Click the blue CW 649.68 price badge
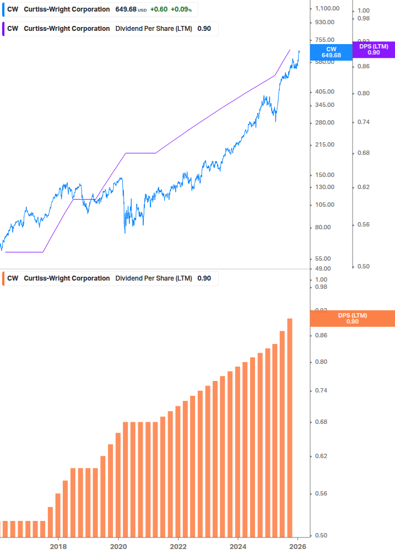pyautogui.click(x=331, y=52)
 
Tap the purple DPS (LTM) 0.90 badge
pyautogui.click(x=374, y=50)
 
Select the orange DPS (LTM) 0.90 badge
pyautogui.click(x=353, y=319)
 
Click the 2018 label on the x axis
pyautogui.click(x=58, y=546)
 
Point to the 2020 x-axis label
pyautogui.click(x=118, y=546)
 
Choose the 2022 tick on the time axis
pyautogui.click(x=178, y=546)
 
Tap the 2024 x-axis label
pyautogui.click(x=238, y=546)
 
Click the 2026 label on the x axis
pyautogui.click(x=297, y=546)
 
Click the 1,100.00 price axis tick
pyautogui.click(x=327, y=9)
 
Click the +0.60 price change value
pyautogui.click(x=159, y=9)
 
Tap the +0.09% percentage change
pyautogui.click(x=180, y=9)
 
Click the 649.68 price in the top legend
pyautogui.click(x=126, y=9)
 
